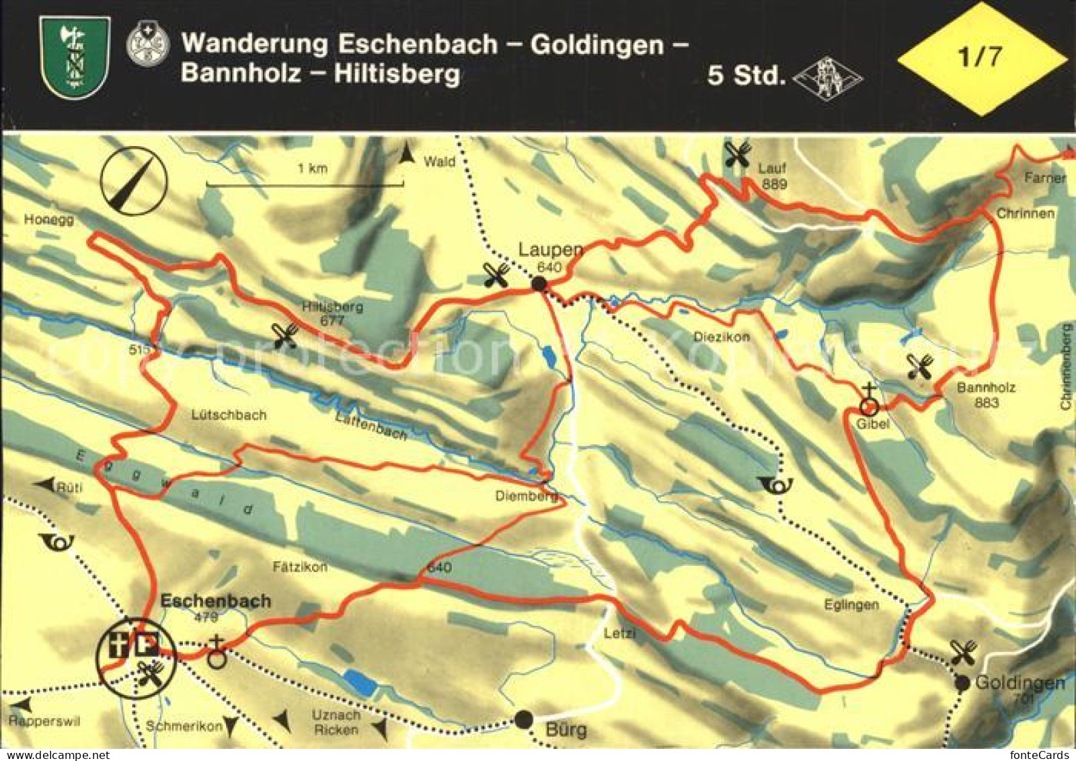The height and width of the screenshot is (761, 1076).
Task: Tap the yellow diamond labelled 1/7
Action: pos(982,58)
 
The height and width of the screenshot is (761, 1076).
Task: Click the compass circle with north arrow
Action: pos(134,180)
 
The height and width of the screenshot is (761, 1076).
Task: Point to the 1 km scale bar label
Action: pos(312,168)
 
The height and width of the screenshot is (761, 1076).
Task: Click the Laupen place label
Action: pos(550,250)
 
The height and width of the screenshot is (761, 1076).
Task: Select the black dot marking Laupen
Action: pos(539,285)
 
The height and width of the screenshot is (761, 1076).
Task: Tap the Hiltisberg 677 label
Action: pos(332,313)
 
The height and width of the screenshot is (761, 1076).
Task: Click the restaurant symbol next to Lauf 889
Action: pos(738,156)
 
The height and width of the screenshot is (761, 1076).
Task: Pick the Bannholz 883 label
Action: pos(986,395)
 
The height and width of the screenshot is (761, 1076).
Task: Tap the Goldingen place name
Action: pos(1020,683)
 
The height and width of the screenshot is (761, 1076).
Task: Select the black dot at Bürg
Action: pos(524,719)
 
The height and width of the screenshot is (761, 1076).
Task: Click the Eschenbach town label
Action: pos(215,601)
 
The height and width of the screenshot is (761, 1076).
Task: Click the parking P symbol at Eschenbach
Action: pos(147,646)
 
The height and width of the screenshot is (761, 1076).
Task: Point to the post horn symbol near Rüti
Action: pos(56,542)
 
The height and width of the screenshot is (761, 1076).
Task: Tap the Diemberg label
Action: pos(527,496)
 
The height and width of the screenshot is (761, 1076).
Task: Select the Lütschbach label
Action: pos(229,415)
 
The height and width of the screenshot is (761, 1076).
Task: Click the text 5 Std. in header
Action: pos(746,75)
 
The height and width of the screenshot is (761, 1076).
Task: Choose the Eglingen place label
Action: pos(851,605)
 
